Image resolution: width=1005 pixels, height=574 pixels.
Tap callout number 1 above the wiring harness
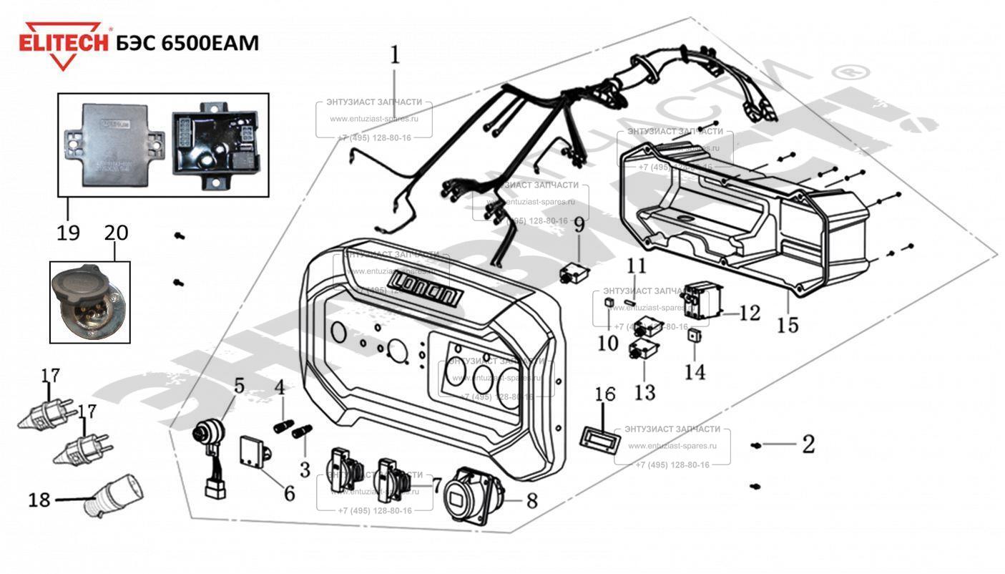click(396, 54)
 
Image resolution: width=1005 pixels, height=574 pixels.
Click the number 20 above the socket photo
click(117, 232)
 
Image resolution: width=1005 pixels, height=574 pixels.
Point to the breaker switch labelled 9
click(573, 274)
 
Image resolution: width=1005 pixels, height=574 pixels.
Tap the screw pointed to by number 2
click(756, 446)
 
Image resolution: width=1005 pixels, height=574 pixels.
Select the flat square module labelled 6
click(255, 449)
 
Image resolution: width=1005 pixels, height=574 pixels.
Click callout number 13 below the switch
click(644, 391)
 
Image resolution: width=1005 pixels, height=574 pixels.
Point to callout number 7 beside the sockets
click(437, 485)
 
